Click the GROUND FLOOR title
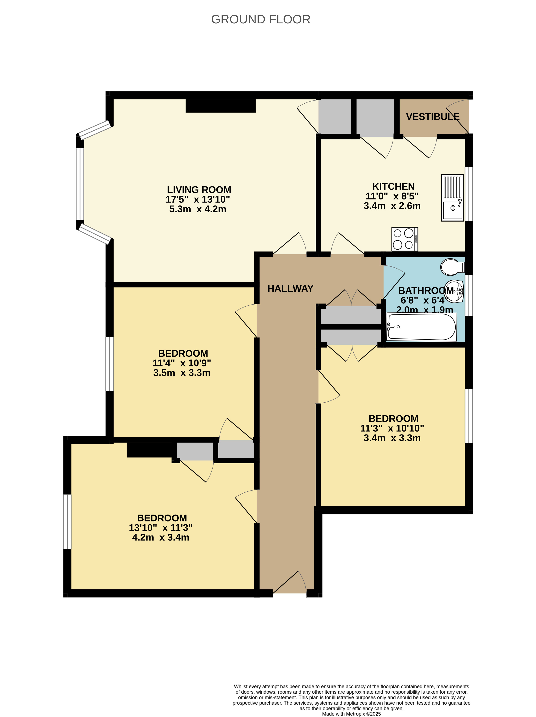point(260,19)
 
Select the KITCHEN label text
point(393,186)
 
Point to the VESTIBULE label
point(433,117)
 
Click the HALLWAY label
point(290,289)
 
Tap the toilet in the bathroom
point(452,266)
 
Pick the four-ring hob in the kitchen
point(405,239)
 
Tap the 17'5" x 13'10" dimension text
point(198,199)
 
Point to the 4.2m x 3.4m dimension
point(161,537)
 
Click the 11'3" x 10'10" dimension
point(392,428)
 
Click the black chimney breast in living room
point(221,106)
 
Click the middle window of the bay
point(80,184)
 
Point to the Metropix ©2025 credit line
point(351,714)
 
